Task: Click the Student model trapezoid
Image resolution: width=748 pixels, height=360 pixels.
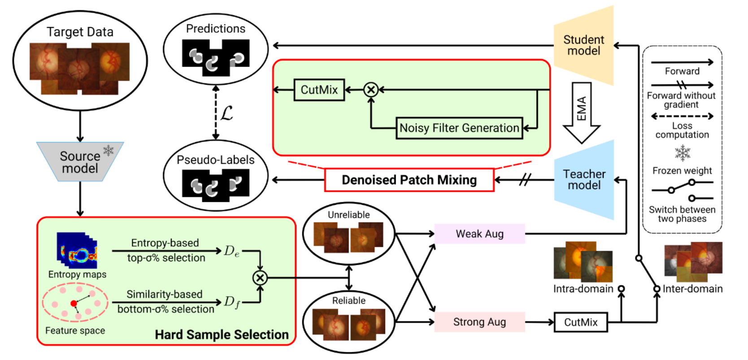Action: [583, 45]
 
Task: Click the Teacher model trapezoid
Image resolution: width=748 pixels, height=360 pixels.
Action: [584, 179]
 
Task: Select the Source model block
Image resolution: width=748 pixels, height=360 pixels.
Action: [80, 162]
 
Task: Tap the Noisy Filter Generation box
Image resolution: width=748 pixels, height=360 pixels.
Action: [459, 128]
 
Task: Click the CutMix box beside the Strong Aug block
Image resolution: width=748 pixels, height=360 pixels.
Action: [581, 322]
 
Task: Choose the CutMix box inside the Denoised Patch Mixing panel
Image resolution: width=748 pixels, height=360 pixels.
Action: [319, 90]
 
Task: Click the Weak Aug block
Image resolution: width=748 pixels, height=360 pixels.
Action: [479, 234]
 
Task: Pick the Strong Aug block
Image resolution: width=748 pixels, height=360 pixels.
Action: [479, 322]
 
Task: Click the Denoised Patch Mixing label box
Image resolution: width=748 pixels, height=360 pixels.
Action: [409, 180]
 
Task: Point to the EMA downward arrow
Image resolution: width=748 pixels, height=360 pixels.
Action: [582, 112]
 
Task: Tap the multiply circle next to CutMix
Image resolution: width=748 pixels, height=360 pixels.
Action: [371, 90]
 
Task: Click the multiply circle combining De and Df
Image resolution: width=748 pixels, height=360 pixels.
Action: [260, 278]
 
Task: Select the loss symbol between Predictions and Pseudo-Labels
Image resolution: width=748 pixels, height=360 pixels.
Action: [226, 113]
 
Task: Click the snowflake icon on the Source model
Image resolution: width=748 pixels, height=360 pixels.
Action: [109, 150]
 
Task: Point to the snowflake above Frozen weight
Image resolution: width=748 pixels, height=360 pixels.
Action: [682, 153]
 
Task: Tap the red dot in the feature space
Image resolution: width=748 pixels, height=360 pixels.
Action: [74, 304]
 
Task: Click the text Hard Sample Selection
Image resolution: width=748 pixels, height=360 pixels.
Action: [222, 335]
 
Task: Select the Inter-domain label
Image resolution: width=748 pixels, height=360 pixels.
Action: [692, 289]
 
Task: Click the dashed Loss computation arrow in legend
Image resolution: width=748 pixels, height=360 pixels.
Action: [682, 117]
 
